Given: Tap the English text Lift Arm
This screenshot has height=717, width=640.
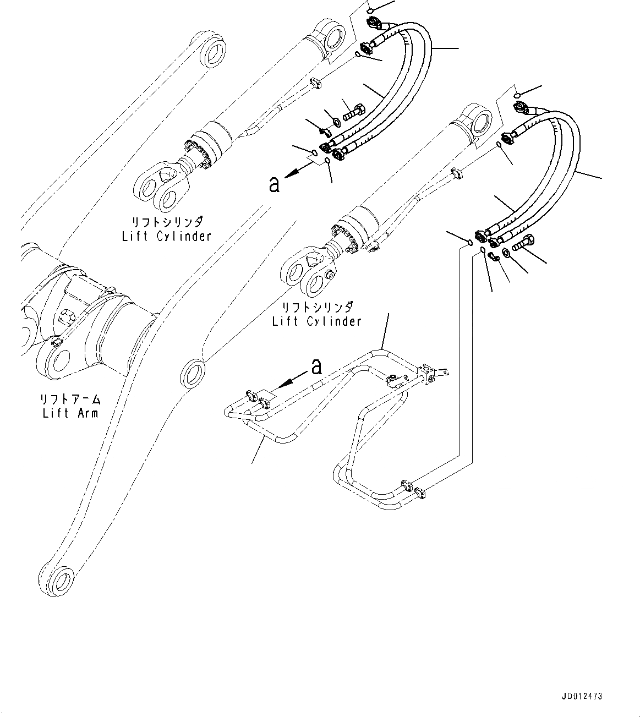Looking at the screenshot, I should [70, 412].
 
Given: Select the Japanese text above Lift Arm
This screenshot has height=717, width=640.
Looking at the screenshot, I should [70, 399].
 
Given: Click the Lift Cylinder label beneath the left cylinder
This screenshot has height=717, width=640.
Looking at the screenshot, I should [166, 236].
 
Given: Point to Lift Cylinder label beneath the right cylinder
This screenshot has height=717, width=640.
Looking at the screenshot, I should [316, 321].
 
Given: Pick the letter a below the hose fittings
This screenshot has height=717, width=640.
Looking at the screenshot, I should [273, 185].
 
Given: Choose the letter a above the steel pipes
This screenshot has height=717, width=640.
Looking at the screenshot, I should [316, 366].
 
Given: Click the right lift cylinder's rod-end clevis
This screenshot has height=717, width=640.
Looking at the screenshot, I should [306, 276].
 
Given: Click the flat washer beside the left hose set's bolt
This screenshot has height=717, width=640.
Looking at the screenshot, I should [336, 121].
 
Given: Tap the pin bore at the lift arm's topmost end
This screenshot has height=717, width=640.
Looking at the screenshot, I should [213, 53].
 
